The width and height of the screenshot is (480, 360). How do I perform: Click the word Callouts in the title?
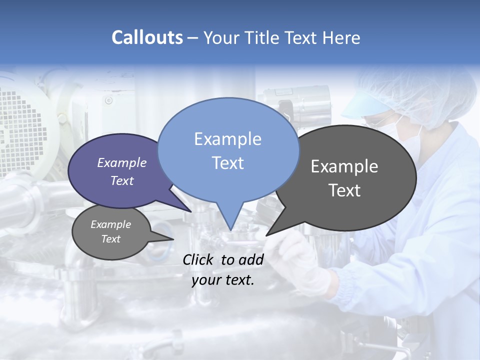point(147,37)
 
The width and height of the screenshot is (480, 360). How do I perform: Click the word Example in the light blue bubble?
point(227,139)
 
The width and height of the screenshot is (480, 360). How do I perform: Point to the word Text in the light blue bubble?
point(227,163)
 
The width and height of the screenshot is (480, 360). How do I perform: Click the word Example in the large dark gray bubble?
point(344,166)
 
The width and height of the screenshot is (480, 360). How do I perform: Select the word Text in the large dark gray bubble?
point(344,190)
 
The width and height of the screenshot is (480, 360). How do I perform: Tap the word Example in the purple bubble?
point(122,162)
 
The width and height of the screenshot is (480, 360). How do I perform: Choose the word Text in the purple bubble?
point(122,180)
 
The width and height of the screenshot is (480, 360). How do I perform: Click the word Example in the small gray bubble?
point(110,224)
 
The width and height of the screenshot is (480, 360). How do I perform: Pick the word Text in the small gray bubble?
point(110,239)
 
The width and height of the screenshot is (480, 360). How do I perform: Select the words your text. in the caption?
point(223,280)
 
